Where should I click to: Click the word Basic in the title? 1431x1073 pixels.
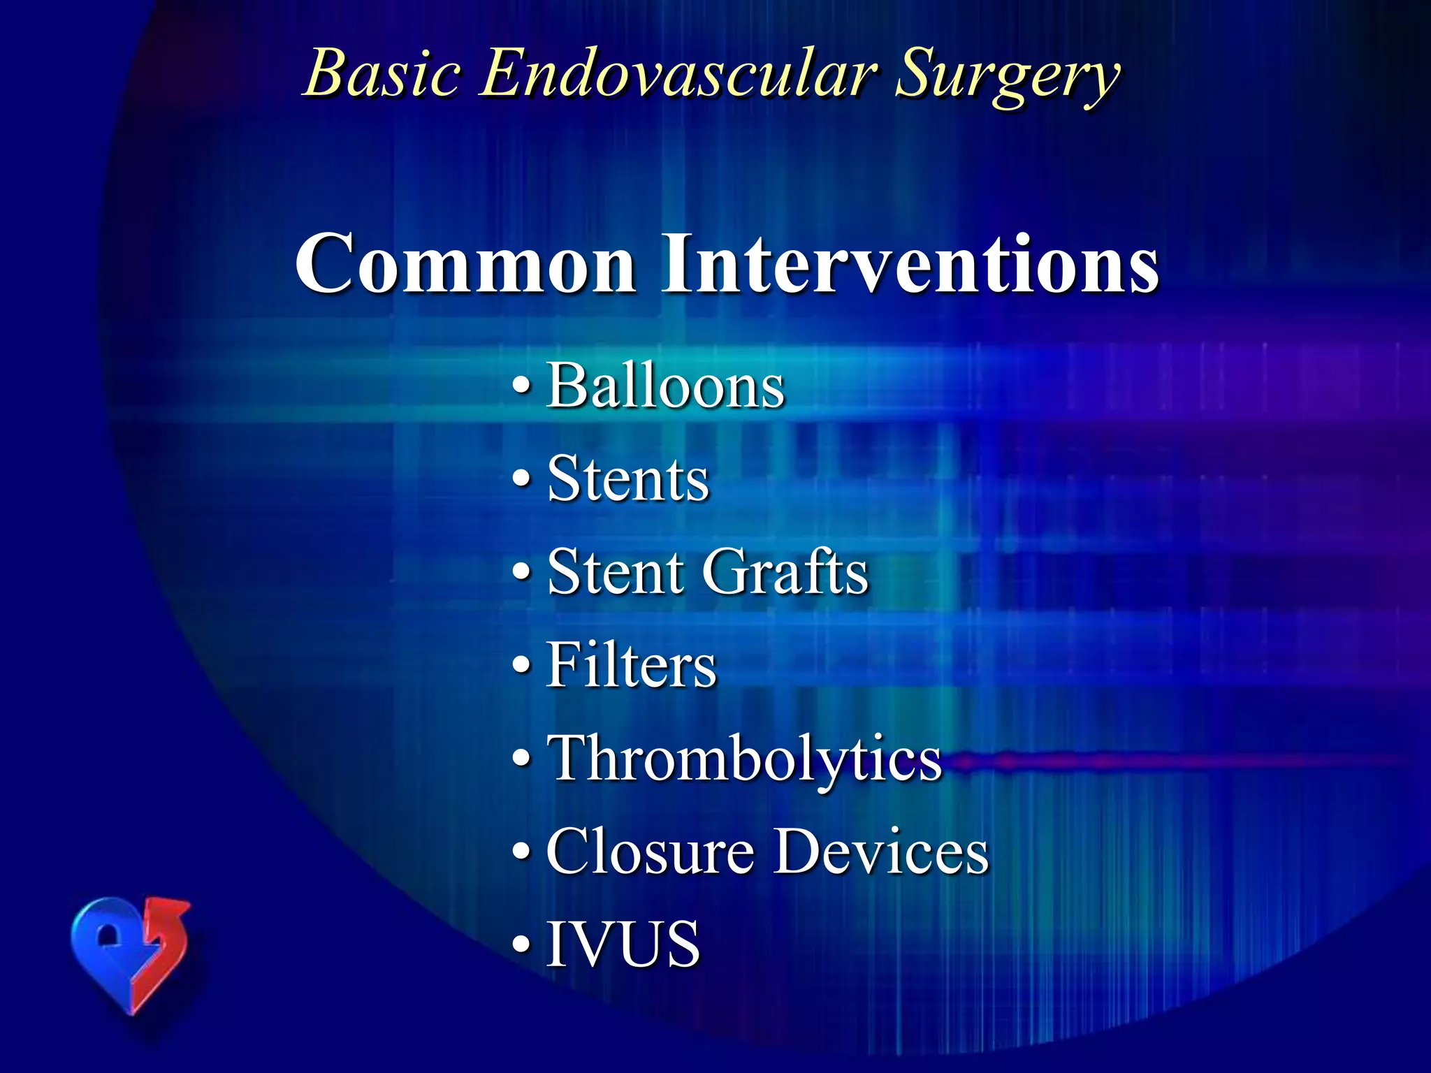(384, 74)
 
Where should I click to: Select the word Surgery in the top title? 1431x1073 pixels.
(1006, 77)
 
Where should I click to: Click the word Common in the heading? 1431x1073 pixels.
(465, 264)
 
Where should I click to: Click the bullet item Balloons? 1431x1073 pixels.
(665, 386)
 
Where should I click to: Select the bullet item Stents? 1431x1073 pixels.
(627, 479)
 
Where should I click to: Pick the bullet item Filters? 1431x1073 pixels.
(631, 665)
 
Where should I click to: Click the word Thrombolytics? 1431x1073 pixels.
(744, 759)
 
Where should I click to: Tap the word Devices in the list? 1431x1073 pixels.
(882, 852)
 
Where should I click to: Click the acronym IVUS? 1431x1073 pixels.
(623, 944)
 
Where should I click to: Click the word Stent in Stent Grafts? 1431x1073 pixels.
(615, 571)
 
